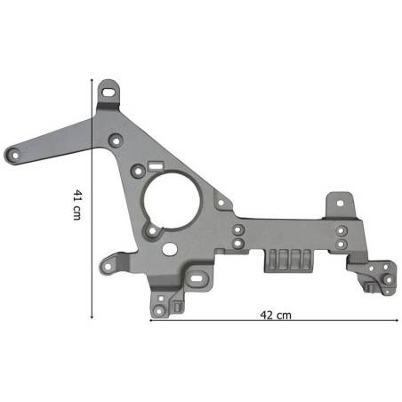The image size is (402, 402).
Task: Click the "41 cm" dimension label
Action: [76, 205]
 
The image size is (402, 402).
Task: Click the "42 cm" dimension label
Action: [276, 315]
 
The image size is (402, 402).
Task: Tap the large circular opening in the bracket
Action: [172, 201]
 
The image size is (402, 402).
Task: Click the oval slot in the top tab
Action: [109, 92]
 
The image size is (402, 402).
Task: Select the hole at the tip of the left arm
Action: [14, 155]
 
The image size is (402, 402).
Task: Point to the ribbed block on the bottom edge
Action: [288, 261]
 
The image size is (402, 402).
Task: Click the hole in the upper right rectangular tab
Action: [341, 203]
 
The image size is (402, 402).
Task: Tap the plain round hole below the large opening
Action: [170, 249]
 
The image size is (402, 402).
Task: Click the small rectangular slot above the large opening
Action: [156, 165]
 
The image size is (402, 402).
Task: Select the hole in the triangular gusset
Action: [221, 203]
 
